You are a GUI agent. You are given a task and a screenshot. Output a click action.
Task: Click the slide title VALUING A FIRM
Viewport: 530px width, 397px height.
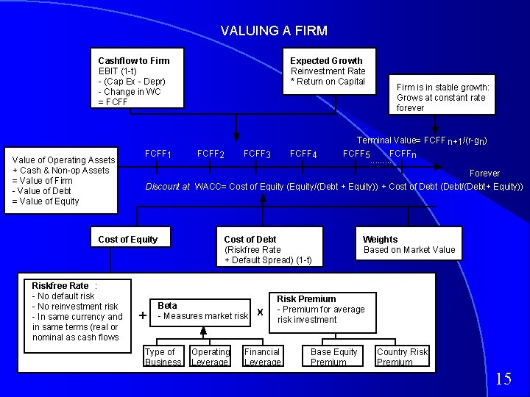(x=274, y=31)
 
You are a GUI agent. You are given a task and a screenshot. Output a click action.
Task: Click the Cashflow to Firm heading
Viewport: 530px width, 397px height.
(x=133, y=60)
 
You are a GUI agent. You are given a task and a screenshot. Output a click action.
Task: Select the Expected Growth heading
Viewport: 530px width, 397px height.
(x=326, y=60)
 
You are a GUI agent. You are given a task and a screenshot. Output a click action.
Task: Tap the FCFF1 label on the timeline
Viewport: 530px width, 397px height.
(x=159, y=154)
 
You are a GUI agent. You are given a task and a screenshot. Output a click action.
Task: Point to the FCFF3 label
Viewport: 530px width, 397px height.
(x=257, y=154)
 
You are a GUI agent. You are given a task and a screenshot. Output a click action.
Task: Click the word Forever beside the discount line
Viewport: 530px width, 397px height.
(x=485, y=174)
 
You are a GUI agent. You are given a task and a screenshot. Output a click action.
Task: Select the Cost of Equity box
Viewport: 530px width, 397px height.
(x=127, y=239)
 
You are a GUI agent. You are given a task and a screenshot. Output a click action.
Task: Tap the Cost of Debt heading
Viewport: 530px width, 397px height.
(x=250, y=239)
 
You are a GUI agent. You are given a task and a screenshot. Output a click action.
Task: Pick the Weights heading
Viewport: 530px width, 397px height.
(x=380, y=239)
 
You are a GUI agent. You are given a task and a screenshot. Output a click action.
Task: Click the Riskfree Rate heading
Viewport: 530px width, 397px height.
(x=60, y=286)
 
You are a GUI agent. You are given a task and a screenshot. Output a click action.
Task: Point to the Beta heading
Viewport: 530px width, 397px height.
(x=167, y=305)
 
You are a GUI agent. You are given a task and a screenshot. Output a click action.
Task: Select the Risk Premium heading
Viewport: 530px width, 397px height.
(x=306, y=299)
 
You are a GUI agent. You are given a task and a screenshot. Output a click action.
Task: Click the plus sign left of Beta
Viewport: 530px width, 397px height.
(x=142, y=315)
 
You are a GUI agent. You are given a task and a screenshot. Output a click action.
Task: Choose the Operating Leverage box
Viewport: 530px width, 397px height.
(x=211, y=357)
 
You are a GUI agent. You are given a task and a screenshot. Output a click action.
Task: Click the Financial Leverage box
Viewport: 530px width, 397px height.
(x=262, y=357)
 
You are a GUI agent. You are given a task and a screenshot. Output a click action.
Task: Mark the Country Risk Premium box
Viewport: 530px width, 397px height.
(x=402, y=357)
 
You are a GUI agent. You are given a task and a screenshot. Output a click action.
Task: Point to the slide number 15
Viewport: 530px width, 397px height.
(x=504, y=379)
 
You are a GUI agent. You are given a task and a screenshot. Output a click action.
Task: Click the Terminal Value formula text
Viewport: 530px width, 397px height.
(x=422, y=140)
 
